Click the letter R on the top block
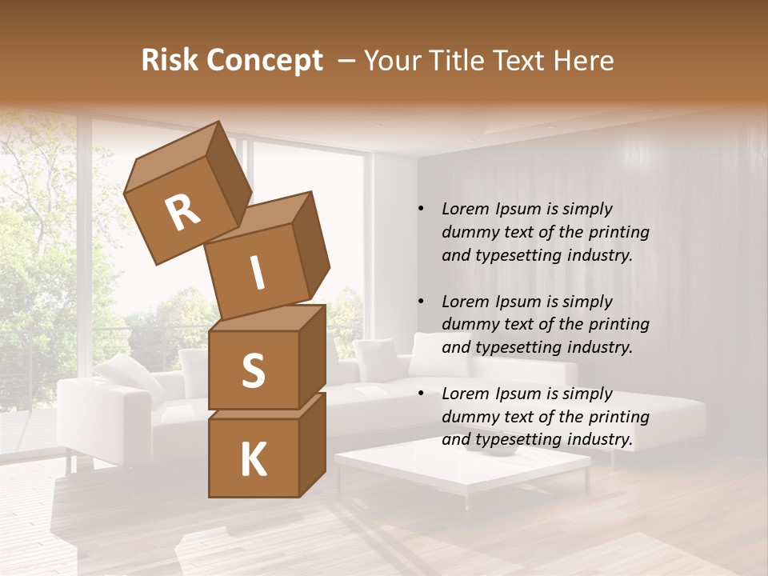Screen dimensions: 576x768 coord(183,212)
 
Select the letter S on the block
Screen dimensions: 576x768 coord(253,370)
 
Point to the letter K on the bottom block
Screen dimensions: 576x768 coord(253,460)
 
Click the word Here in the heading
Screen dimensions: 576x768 coord(583,61)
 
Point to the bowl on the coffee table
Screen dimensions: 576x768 coord(502,449)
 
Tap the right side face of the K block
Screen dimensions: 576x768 coord(311,444)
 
